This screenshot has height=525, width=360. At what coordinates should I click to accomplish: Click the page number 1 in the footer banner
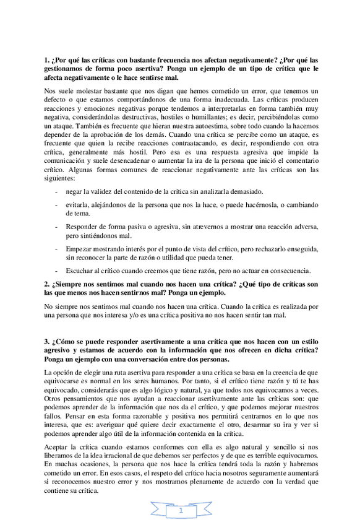coord(180,511)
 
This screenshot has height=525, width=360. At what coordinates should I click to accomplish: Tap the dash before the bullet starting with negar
coord(57,191)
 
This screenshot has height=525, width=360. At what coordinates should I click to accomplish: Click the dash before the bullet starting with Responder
coord(57,226)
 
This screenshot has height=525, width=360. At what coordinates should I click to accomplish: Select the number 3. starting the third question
coord(48,342)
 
